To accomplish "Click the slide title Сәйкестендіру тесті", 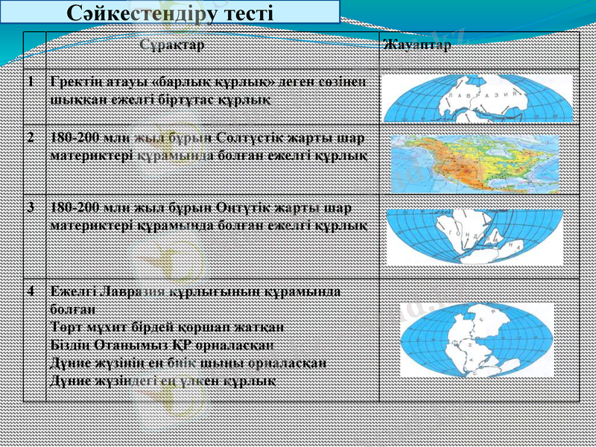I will (x=170, y=13).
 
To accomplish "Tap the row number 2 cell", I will (x=31, y=139).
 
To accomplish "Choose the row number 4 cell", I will (x=31, y=293).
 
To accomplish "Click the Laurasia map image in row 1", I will (x=478, y=100).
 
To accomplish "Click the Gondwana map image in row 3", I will (x=475, y=238).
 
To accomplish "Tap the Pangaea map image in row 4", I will (x=477, y=340).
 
